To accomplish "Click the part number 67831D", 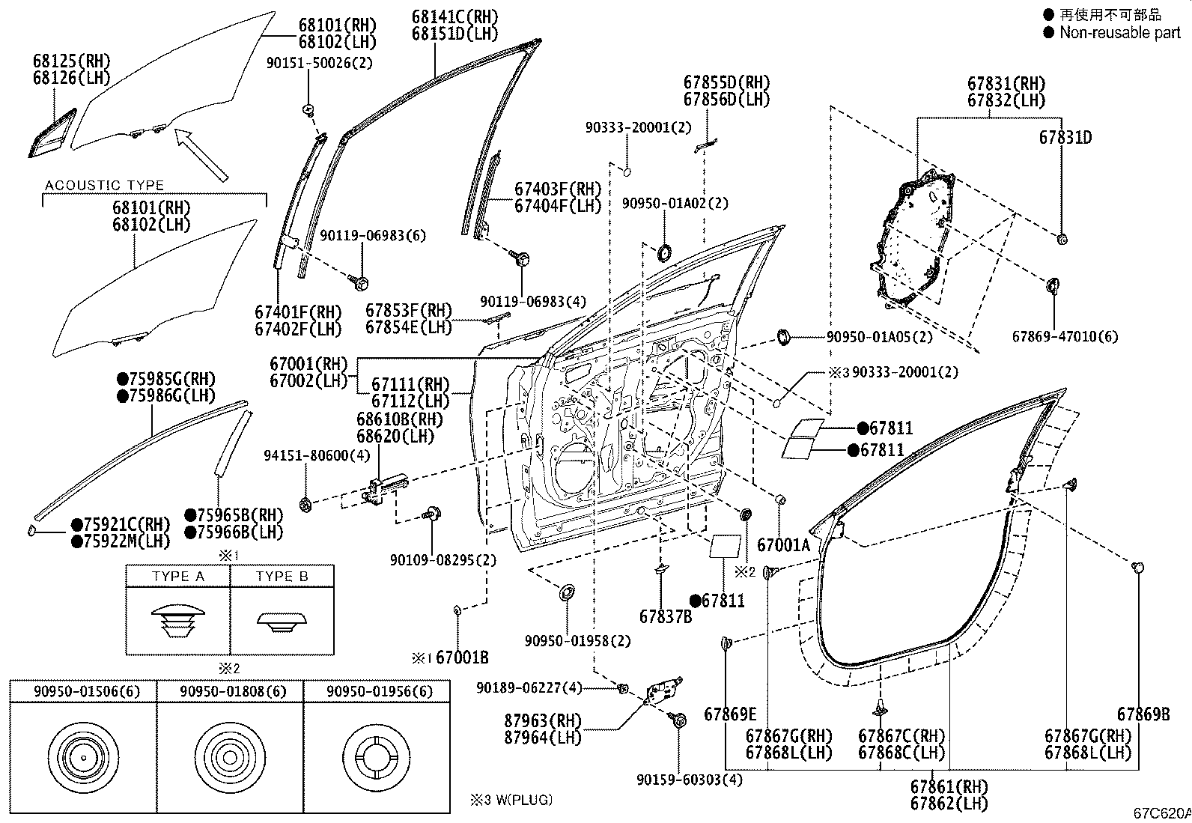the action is (1065, 138).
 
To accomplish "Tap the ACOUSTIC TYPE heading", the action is (104, 185).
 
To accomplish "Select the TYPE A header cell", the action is (177, 577).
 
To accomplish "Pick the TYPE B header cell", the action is (282, 577).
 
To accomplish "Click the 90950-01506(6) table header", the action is (87, 691).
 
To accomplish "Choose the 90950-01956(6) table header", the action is (380, 691).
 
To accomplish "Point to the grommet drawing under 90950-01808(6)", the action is (230, 757).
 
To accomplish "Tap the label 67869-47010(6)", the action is (1065, 336).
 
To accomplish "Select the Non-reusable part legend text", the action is (1119, 32).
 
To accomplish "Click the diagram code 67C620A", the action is (1161, 813).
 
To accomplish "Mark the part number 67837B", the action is (665, 616).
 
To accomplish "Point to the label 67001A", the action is (783, 545).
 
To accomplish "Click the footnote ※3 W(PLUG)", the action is (511, 800).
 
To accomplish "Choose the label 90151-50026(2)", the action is (319, 63).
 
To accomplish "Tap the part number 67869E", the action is (730, 714).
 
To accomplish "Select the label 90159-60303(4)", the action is (689, 780).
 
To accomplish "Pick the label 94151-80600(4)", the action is (317, 456).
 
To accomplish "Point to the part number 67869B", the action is (1143, 714).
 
